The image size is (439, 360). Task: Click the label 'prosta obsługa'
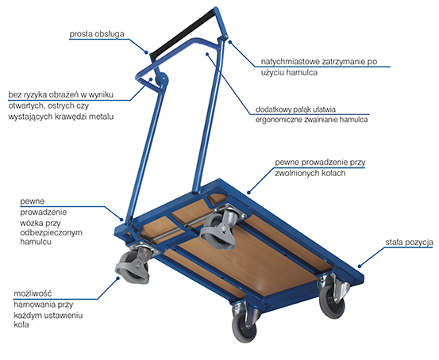click(97, 34)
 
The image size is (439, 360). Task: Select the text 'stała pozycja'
click(409, 242)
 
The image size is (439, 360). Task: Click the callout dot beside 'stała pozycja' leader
click(360, 266)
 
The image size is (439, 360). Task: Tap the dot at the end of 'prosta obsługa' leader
click(146, 52)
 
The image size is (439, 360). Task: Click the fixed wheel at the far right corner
click(333, 297)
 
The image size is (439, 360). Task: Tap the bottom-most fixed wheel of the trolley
click(245, 322)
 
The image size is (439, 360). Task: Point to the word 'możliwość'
click(33, 293)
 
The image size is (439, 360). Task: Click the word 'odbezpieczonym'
click(52, 232)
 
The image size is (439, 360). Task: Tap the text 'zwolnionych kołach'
click(310, 173)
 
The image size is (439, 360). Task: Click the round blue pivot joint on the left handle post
click(161, 79)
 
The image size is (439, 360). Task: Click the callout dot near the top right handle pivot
click(230, 42)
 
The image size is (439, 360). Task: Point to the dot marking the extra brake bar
click(207, 54)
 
